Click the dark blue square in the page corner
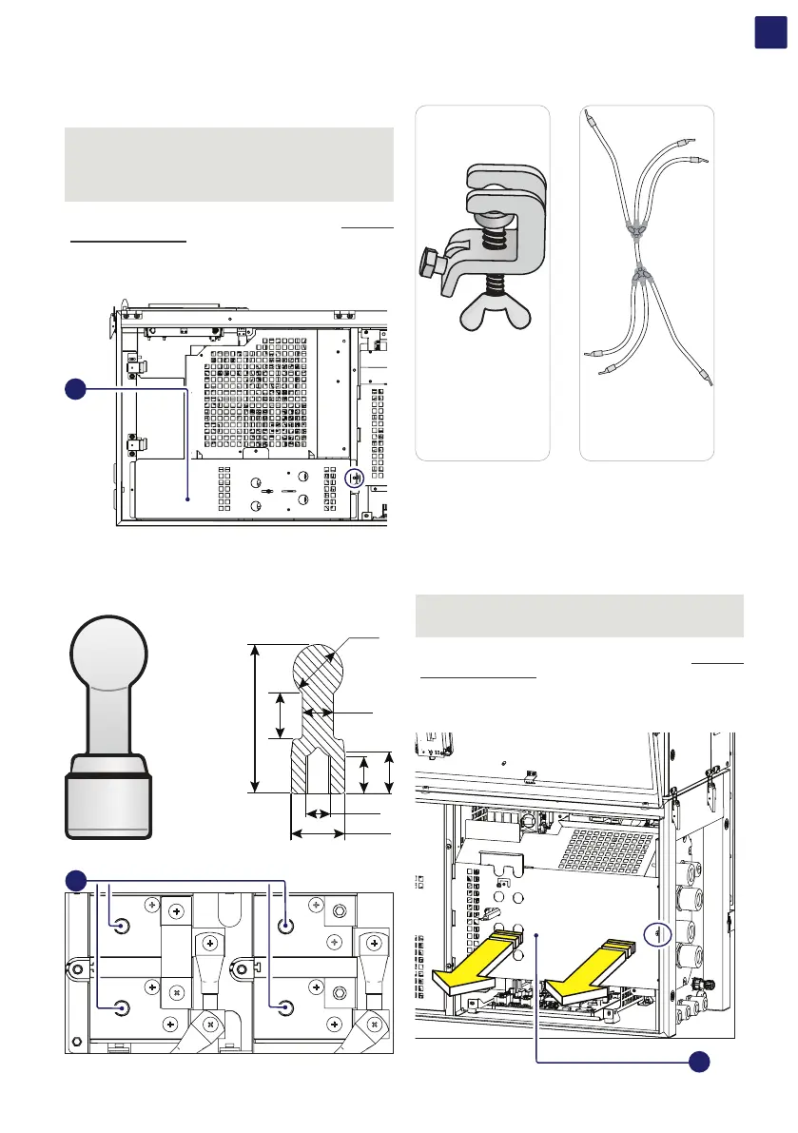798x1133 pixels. pos(769,30)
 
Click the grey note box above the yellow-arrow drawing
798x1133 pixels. pos(580,615)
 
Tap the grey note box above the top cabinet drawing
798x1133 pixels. pos(228,164)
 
